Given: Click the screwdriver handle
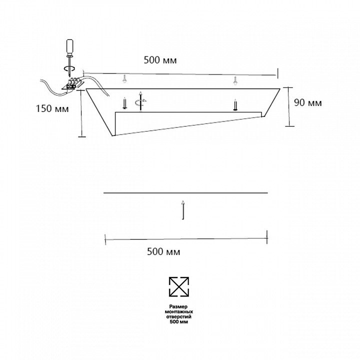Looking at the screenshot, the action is click(70, 47).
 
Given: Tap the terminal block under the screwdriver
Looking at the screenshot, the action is click(73, 84).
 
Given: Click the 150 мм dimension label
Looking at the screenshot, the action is click(52, 108).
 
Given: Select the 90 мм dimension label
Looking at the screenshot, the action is click(308, 102).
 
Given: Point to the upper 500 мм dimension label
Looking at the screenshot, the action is click(160, 60).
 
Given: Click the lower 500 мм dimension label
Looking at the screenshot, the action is click(163, 251).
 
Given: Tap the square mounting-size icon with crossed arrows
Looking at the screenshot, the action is click(179, 287).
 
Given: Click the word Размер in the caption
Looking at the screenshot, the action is click(178, 306).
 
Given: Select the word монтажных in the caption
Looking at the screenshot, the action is click(179, 312).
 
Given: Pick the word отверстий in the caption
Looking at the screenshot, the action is click(179, 316).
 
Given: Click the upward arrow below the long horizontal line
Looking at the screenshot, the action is click(183, 210).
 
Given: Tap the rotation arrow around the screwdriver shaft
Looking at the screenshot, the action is click(69, 68).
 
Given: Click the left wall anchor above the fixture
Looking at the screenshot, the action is click(124, 79).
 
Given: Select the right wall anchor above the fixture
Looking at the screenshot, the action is click(235, 80).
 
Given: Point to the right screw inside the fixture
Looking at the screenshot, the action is click(235, 105).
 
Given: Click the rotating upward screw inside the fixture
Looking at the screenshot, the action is click(140, 101).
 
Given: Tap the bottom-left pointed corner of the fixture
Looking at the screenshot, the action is click(112, 136).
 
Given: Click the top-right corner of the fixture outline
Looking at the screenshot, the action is click(280, 88).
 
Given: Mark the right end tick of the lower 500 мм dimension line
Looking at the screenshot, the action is click(267, 237).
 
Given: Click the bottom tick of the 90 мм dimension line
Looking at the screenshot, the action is click(289, 126).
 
